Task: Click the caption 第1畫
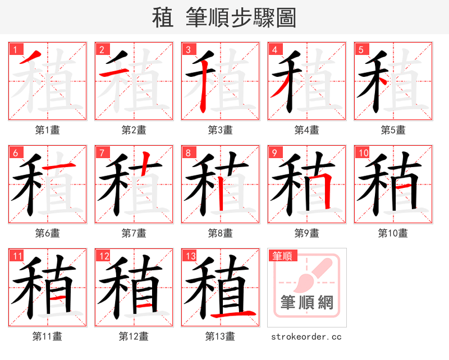(x=48, y=130)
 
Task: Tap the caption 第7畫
(x=134, y=233)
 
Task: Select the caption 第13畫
(x=221, y=336)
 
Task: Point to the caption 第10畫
(x=393, y=233)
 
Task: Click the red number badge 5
(x=360, y=49)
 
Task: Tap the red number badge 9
(x=274, y=153)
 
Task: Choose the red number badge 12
(x=102, y=256)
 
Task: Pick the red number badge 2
(x=101, y=49)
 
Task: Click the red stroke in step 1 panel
(x=31, y=58)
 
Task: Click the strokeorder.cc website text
(x=306, y=336)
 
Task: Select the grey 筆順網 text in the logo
(x=307, y=303)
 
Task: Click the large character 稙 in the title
(x=162, y=17)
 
